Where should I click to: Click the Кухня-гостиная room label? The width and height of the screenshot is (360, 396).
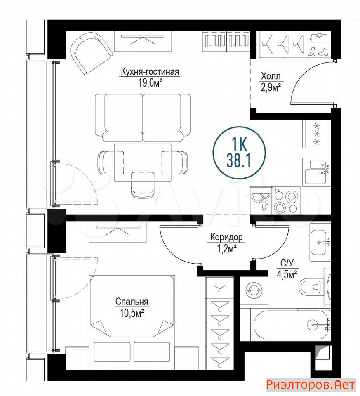150,71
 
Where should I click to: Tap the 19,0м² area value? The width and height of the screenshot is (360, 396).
150,83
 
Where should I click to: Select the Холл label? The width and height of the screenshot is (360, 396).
271,76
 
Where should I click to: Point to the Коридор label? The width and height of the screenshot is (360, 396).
226,237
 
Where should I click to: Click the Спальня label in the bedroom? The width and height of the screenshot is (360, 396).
132,301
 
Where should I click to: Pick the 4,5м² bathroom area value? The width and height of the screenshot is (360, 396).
287,275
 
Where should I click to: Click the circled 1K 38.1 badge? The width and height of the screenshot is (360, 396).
239,153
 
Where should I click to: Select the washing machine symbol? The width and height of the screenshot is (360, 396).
254,290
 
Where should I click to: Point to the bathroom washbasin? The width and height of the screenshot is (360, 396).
319,242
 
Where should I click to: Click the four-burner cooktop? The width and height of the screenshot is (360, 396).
286,201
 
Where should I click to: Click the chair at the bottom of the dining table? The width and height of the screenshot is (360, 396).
143,185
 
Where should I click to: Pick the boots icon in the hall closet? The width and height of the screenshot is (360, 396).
318,51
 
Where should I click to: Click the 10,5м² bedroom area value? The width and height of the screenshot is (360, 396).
132,313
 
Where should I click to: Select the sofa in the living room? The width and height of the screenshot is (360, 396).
143,118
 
